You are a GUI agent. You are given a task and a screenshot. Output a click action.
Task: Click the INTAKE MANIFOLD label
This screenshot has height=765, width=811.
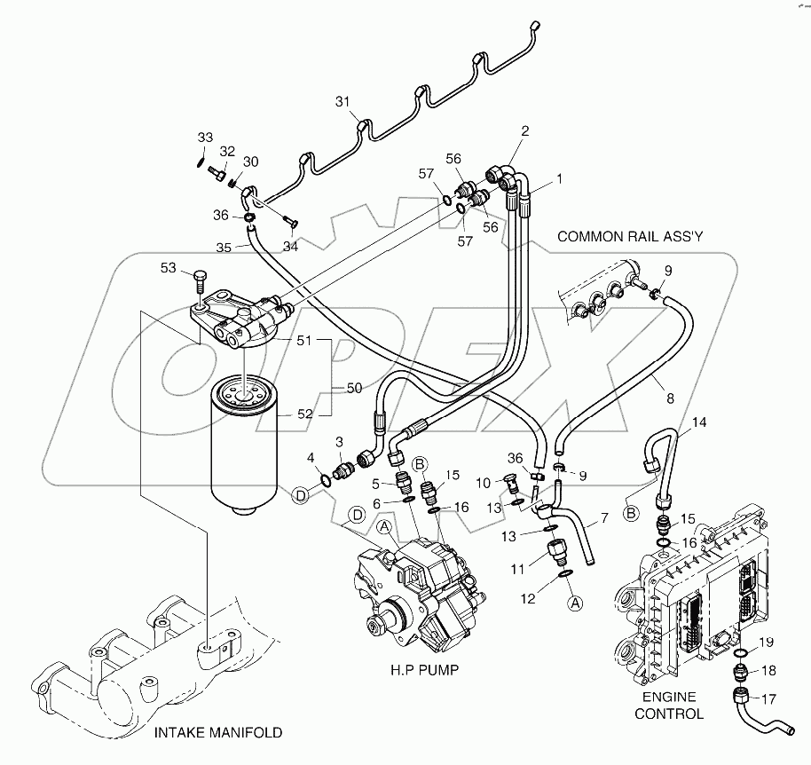[x=218, y=732]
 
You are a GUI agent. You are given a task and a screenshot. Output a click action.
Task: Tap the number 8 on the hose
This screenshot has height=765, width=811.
[x=670, y=398]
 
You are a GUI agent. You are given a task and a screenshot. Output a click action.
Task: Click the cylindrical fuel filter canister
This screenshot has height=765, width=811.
[x=248, y=453]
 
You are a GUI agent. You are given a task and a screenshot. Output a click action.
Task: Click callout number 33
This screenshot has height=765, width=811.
[x=205, y=138]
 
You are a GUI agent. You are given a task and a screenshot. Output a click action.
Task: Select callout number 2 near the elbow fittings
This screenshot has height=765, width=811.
[x=524, y=130]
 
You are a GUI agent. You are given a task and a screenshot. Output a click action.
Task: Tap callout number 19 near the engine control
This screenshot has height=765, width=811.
[x=768, y=641]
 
